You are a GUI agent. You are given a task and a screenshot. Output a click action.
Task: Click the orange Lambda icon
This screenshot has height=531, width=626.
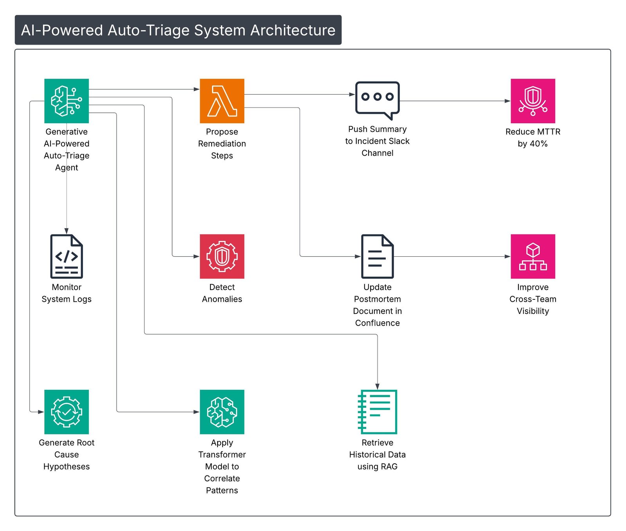[x=222, y=101]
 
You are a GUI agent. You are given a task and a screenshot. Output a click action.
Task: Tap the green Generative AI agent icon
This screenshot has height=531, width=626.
[x=67, y=101]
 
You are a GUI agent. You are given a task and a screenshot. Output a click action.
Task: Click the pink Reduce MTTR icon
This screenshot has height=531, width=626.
[x=532, y=101]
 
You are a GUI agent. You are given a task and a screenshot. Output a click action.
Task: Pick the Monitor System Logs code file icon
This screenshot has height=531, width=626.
[x=67, y=256]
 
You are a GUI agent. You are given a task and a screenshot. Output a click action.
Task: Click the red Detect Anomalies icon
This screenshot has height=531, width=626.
[x=222, y=256]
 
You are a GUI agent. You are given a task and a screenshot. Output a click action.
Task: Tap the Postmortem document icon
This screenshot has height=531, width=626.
[x=377, y=256]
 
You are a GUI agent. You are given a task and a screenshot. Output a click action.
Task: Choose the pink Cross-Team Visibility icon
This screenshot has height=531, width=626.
[x=532, y=256]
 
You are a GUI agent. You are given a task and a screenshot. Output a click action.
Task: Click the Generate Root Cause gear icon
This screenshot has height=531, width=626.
[x=67, y=412]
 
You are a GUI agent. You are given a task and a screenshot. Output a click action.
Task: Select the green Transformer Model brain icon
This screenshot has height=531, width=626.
[x=222, y=412]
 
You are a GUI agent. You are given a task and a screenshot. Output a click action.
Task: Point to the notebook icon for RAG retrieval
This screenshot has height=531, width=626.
[x=377, y=412]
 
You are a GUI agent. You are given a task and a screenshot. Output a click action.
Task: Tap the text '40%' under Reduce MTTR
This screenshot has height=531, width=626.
[x=538, y=144]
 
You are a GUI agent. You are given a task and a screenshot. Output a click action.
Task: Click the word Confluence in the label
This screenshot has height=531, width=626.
[x=377, y=323]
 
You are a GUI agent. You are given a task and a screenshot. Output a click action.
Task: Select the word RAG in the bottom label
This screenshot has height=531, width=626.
[x=389, y=466]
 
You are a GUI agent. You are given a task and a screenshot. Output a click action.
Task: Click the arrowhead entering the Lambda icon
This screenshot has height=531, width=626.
[x=197, y=89]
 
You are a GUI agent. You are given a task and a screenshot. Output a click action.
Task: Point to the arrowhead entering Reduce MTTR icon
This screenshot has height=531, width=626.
[x=507, y=101]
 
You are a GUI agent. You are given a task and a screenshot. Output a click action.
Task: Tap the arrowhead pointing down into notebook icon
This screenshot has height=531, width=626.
[x=377, y=387]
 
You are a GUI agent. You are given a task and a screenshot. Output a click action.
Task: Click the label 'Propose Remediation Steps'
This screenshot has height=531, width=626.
[x=222, y=144]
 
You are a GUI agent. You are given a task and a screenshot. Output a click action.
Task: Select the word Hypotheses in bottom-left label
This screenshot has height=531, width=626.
[x=67, y=466]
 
